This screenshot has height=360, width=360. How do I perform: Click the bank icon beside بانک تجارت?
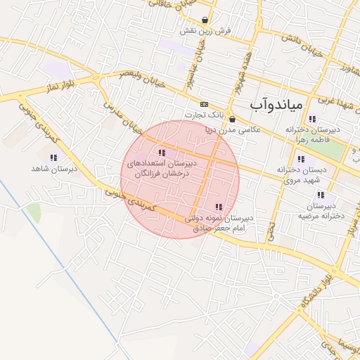click(204, 103)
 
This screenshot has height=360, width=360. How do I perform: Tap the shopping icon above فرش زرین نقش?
click(205, 20)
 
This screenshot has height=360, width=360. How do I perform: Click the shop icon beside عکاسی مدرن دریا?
click(233, 120)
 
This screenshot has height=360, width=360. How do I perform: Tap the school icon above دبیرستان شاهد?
click(53, 157)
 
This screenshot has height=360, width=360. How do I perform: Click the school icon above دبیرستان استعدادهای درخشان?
click(162, 153)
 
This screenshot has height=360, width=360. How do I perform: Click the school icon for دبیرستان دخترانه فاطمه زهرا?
click(311, 119)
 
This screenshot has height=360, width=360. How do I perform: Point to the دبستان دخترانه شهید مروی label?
click(299, 174)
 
